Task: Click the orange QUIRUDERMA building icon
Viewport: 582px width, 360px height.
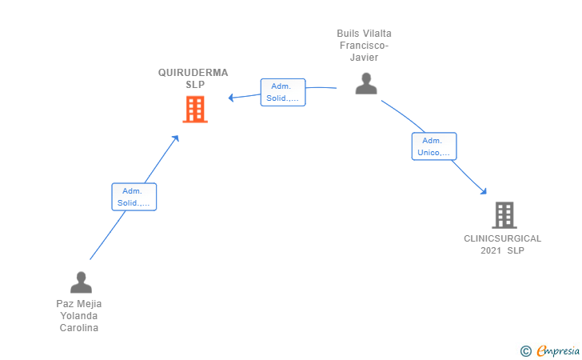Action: tap(195, 110)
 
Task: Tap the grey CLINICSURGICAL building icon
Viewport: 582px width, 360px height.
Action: tap(504, 215)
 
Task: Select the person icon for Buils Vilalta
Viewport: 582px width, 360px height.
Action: tap(366, 84)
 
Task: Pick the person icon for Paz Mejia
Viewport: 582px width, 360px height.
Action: tap(81, 282)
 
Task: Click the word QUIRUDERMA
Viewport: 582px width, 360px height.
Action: tap(193, 73)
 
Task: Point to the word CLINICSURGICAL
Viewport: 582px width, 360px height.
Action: tap(502, 238)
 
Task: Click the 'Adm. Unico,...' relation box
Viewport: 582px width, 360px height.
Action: tap(434, 146)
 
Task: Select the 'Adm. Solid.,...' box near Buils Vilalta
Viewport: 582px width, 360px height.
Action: tap(283, 92)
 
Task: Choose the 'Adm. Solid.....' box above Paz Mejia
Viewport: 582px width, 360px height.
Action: tap(134, 197)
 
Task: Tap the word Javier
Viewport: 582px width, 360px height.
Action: tap(365, 58)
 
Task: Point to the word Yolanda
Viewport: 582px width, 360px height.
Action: tap(79, 316)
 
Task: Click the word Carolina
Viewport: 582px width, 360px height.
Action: tap(79, 328)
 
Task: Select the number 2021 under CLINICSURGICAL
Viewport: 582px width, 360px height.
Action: tap(491, 250)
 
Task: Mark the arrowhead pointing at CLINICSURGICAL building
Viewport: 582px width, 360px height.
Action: tap(483, 190)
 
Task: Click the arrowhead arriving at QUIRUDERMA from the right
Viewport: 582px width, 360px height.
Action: tap(231, 98)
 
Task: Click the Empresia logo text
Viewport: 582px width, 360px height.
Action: tap(554, 350)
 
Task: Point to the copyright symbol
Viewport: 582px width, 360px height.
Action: tap(525, 350)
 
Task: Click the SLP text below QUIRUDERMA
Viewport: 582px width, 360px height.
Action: tap(195, 85)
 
